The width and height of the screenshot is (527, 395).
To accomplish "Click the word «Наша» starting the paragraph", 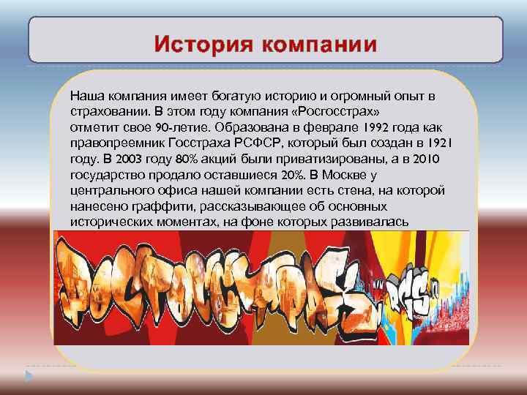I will tap(84, 96).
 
